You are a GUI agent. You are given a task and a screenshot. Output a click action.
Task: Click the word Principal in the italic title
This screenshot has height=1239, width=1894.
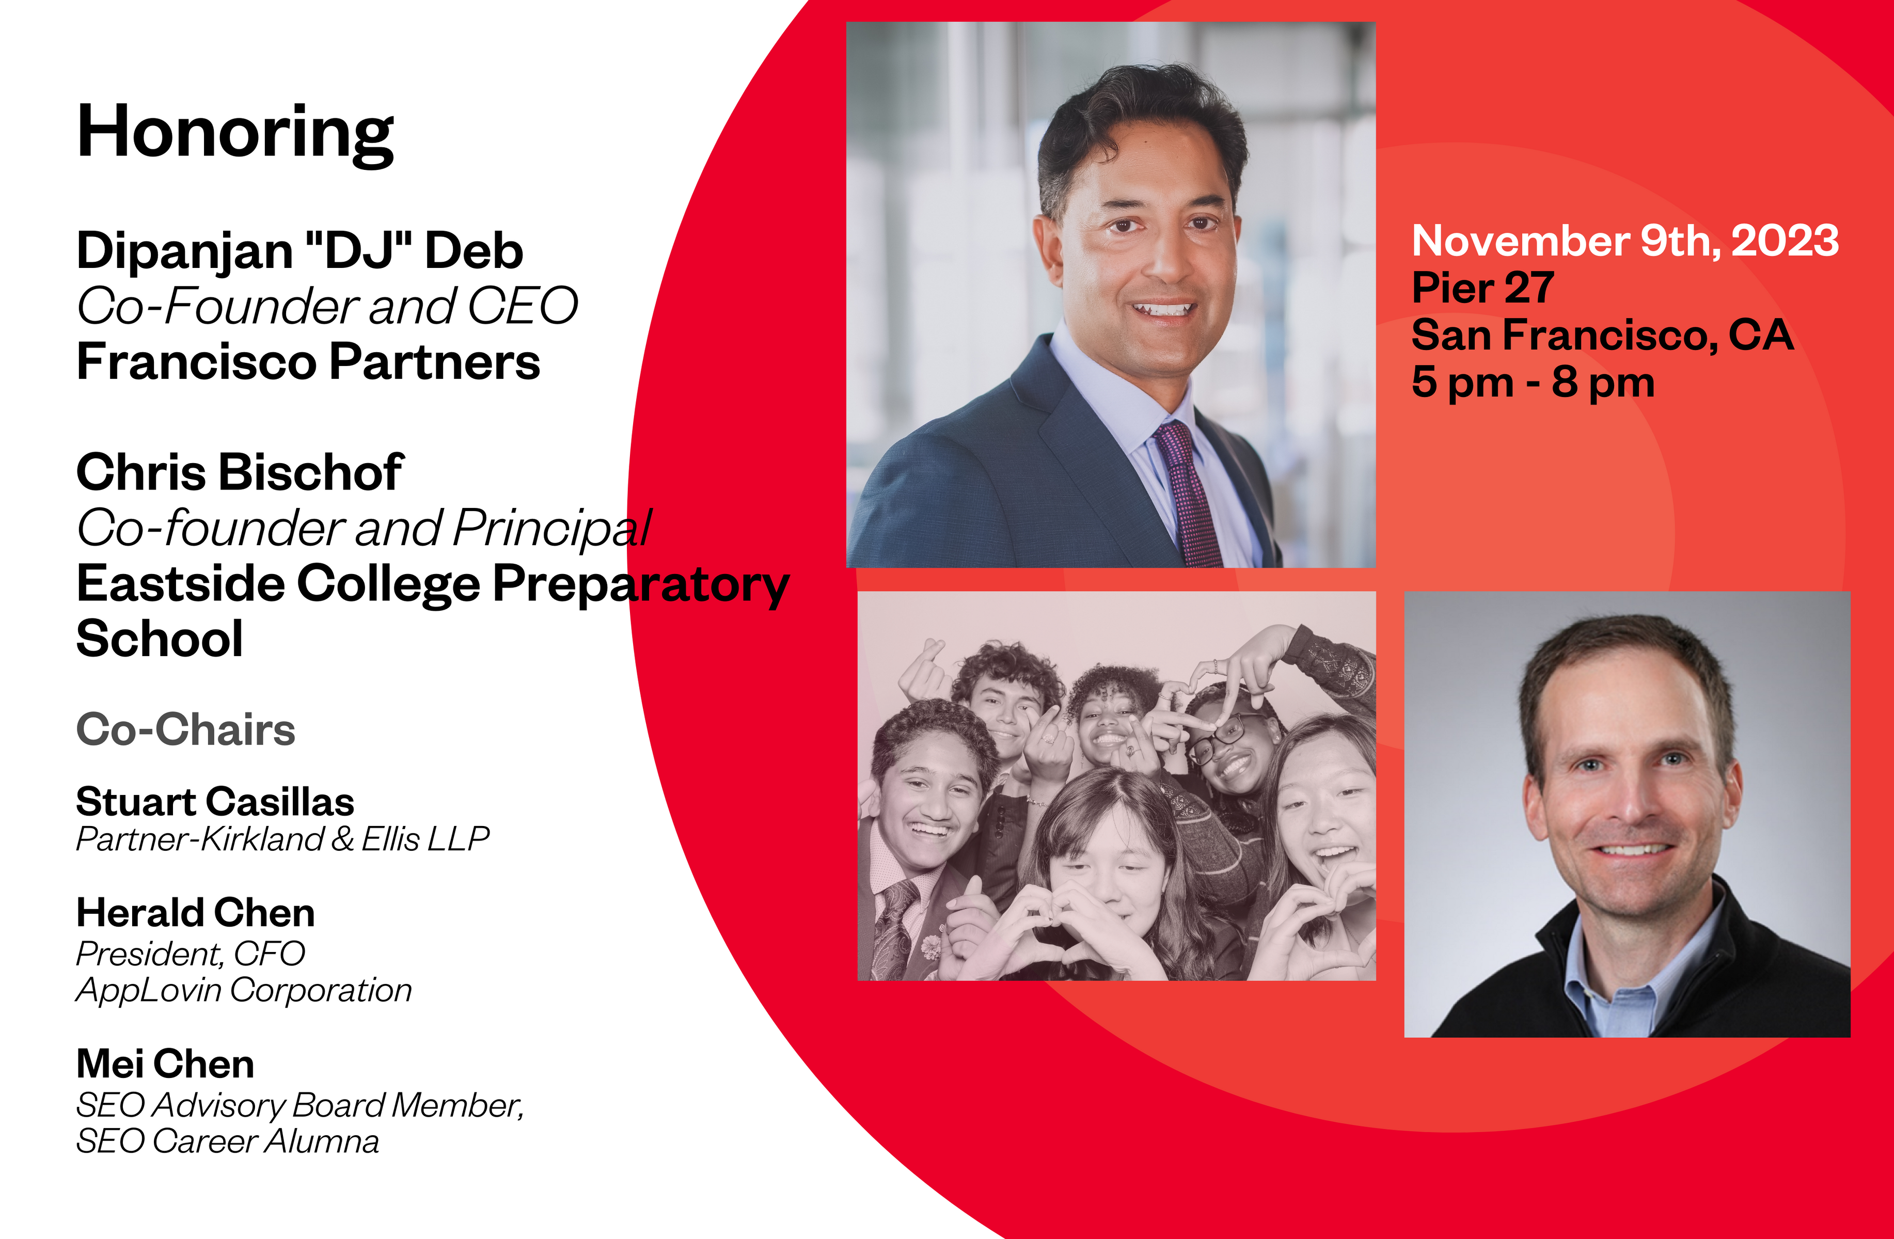point(553,529)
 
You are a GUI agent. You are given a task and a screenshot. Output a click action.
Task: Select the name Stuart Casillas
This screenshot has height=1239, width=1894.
point(215,802)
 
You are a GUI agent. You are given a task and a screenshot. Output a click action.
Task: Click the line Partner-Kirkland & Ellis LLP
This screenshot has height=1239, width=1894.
point(282,839)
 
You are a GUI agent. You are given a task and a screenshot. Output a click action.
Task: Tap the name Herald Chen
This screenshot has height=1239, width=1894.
point(196,913)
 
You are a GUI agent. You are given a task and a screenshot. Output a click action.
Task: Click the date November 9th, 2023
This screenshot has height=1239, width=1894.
point(1625,241)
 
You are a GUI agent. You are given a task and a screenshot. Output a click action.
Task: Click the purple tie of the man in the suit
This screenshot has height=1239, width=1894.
point(1187,494)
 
